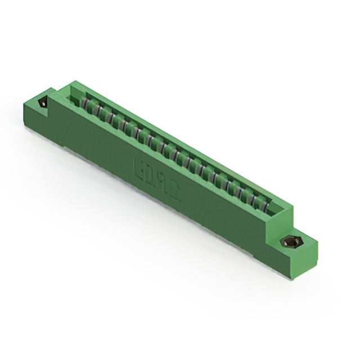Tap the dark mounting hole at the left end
tap(43, 103)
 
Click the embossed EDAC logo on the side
tap(157, 179)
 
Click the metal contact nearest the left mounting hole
tap(83, 104)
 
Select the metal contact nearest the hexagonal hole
tap(260, 201)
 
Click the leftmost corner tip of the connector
tap(23, 103)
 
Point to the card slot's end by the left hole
tap(71, 97)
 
